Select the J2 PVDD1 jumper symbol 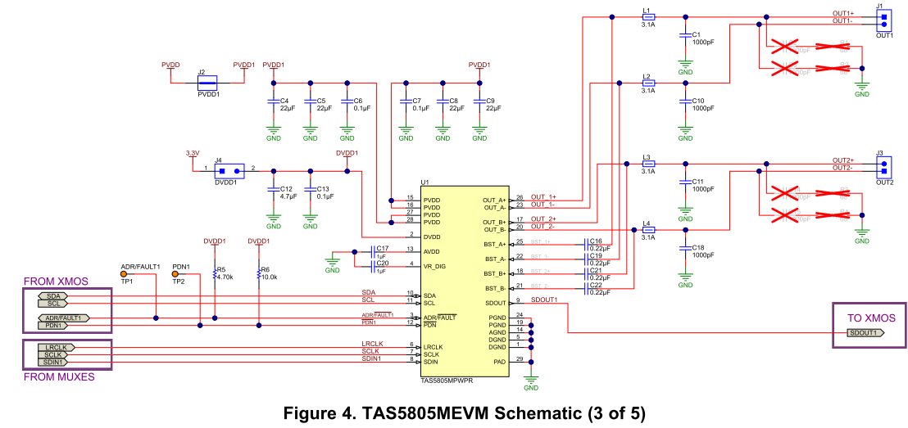point(208,82)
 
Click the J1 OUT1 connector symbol point(883,19)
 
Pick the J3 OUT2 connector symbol point(883,167)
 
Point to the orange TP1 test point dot point(124,274)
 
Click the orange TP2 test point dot point(175,274)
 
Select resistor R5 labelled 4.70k point(215,273)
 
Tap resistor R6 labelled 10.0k point(259,273)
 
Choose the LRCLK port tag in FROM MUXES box point(56,347)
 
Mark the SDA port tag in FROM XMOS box point(56,295)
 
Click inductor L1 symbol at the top point(647,16)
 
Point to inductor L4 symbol point(647,230)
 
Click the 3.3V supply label point(193,153)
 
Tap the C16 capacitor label point(595,241)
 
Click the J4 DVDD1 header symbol point(229,171)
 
